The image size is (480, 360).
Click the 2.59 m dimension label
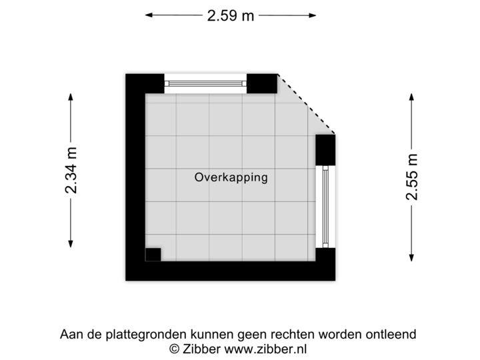231,15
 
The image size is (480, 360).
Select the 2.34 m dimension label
71,170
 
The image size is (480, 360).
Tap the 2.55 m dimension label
413,176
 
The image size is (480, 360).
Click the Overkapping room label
231,177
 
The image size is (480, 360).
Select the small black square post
153,253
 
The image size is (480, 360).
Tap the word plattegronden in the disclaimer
135,334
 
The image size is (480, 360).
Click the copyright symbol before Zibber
174,348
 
